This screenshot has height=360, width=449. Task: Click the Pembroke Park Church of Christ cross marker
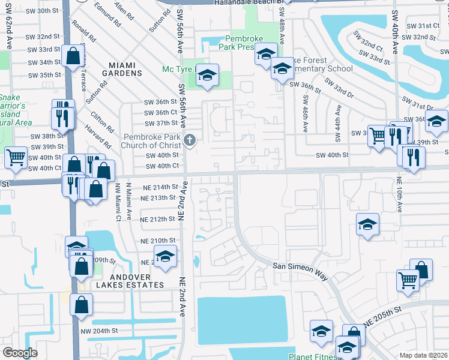click(x=190, y=141)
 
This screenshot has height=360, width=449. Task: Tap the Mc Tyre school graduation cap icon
click(x=207, y=75)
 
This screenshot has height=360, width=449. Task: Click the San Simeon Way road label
click(x=300, y=271)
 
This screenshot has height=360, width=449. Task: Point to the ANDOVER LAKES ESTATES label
click(x=124, y=285)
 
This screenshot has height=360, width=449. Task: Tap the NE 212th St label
click(x=157, y=219)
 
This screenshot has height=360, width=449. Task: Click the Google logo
click(x=20, y=353)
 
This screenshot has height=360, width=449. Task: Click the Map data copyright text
click(x=424, y=355)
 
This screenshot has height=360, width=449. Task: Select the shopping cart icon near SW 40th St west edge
click(x=16, y=157)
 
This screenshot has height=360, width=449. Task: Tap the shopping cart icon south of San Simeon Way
click(x=408, y=280)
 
